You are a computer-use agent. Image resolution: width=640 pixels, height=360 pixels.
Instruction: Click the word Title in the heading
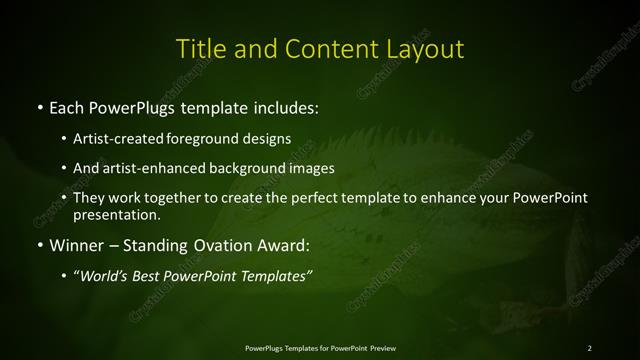197,49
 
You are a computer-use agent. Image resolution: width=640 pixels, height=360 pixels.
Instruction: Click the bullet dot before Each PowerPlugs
39,105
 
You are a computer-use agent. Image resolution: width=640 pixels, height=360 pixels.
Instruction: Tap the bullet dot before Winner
39,245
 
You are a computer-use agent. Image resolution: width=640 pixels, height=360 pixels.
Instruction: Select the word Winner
76,245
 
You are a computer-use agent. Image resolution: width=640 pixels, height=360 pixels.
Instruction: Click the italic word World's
105,276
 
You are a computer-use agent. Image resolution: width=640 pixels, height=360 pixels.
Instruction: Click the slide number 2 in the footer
589,347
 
